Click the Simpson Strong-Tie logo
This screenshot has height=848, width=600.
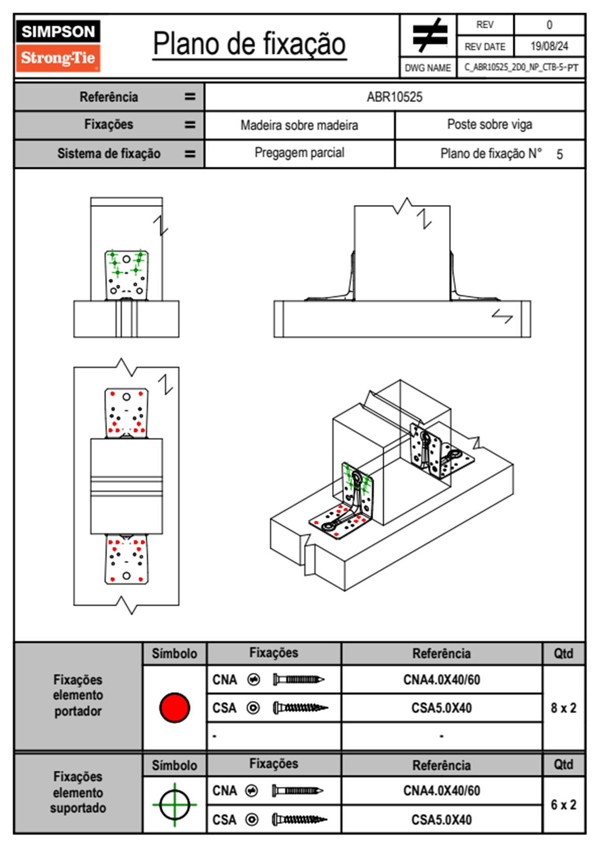point(58,45)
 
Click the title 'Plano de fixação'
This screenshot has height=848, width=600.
point(249,44)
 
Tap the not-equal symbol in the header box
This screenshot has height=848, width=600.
point(429,35)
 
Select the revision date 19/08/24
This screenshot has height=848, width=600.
point(549,46)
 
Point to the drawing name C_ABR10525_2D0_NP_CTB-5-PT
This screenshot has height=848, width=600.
point(521,68)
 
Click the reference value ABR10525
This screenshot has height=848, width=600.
point(394,97)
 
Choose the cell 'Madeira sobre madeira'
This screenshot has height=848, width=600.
point(299,125)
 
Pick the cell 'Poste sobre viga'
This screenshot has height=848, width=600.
point(489,125)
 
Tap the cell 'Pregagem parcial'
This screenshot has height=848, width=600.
point(299,153)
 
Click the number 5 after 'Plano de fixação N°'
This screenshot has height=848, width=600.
point(559,154)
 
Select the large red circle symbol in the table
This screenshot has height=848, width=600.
point(174,707)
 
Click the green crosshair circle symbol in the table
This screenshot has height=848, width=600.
point(174,805)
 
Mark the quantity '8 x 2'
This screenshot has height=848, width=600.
point(563,708)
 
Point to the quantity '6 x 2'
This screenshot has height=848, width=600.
point(563,805)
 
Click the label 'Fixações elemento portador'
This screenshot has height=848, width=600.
point(78,695)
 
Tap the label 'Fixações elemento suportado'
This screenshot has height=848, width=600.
point(78,792)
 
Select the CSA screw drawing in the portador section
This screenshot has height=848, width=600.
point(300,708)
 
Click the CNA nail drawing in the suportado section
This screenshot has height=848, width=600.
point(297,791)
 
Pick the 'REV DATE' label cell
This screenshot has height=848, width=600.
point(485,47)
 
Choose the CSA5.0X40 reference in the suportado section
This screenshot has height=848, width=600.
point(441,820)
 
